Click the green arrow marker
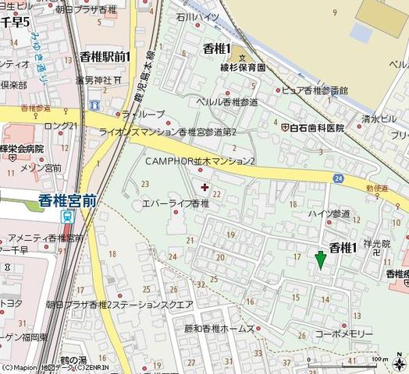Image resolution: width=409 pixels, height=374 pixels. click(x=319, y=260)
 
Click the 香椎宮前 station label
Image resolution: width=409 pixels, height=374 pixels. click(x=67, y=199)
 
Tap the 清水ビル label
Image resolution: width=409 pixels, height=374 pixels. click(x=378, y=121)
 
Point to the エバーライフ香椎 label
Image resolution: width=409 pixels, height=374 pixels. click(x=176, y=203)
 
